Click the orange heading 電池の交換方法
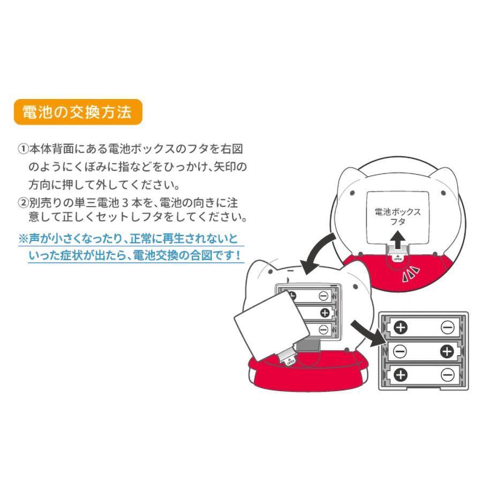point(77,112)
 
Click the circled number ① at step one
point(23,149)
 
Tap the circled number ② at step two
point(23,203)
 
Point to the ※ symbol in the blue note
point(24,238)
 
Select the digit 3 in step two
point(125,203)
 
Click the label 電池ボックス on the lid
point(397,212)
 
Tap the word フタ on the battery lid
point(397,221)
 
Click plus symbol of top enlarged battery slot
point(400,327)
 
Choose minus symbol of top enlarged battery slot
point(448,327)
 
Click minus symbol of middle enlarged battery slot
point(400,351)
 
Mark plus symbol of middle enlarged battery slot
point(448,351)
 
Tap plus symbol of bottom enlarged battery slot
point(400,375)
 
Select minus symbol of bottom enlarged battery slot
point(448,375)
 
